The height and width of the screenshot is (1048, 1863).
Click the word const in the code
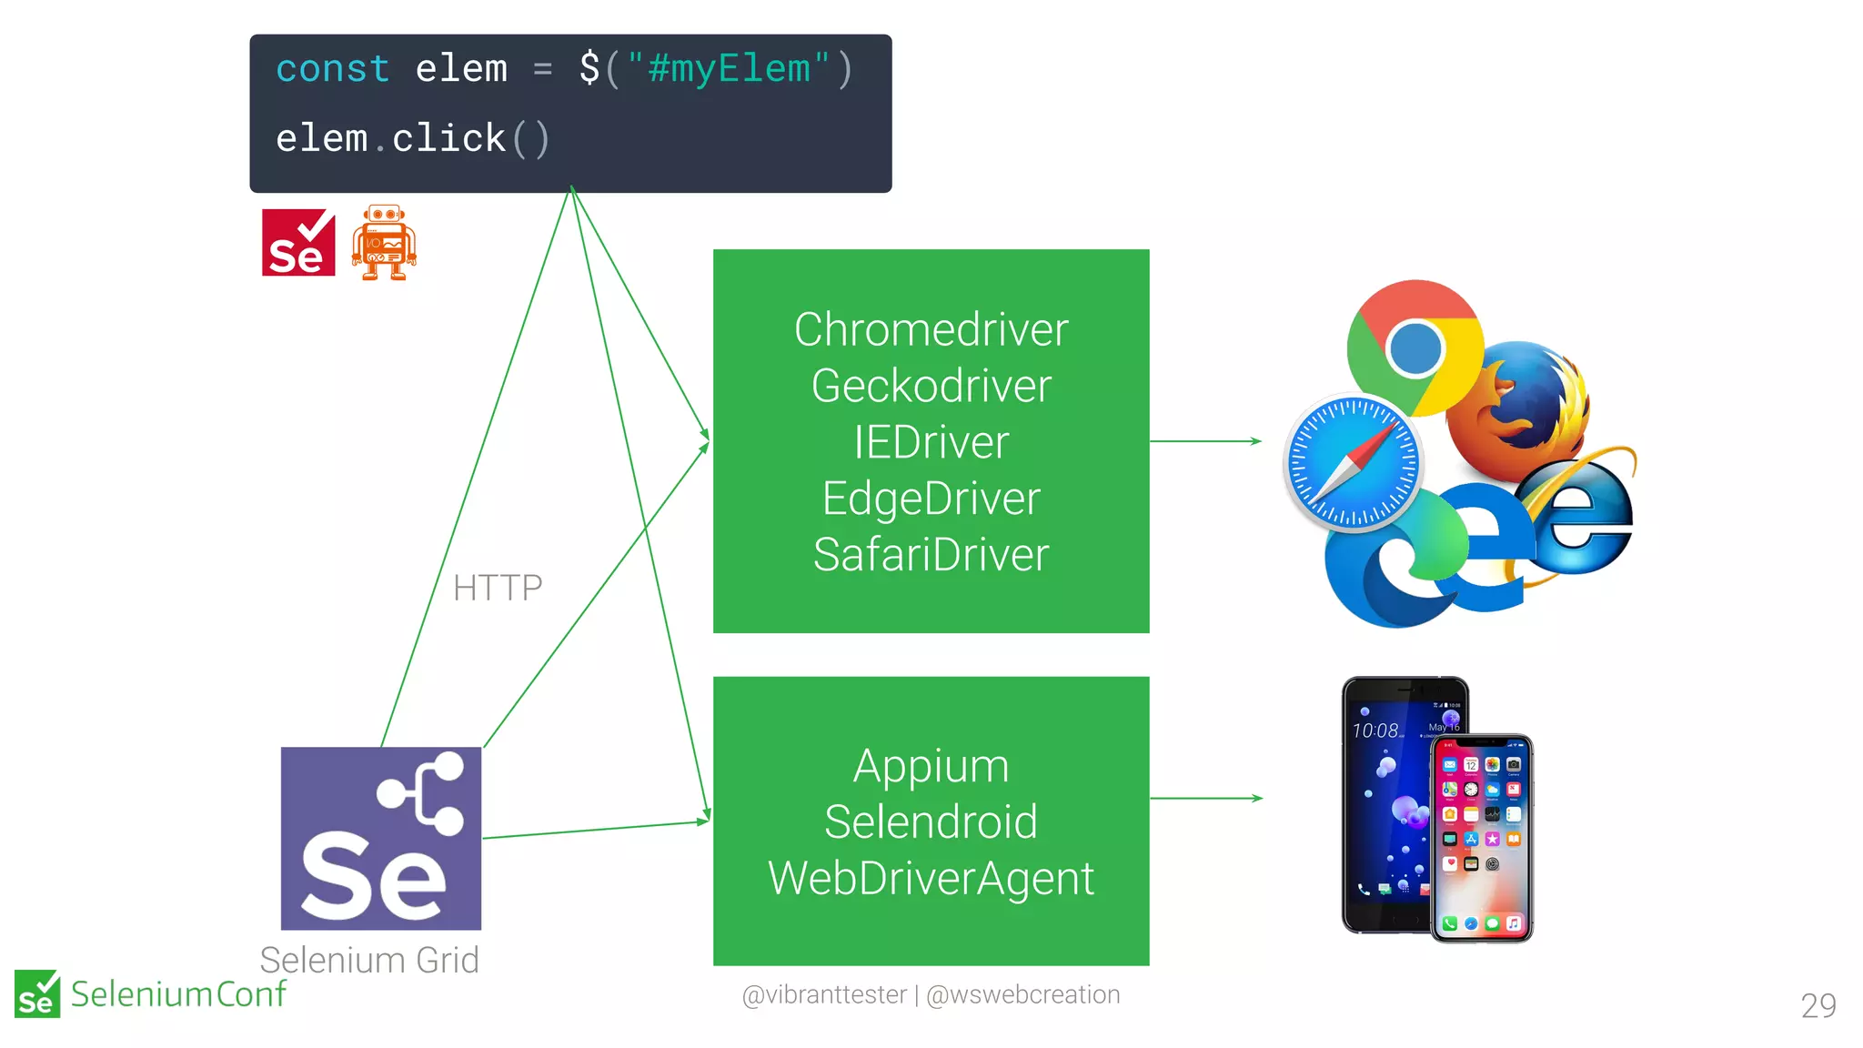click(x=333, y=69)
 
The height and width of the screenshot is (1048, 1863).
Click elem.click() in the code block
click(x=412, y=139)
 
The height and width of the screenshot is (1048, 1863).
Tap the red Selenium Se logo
click(x=298, y=243)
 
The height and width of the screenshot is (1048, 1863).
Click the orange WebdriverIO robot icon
click(x=384, y=242)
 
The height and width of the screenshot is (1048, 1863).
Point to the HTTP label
click(x=498, y=589)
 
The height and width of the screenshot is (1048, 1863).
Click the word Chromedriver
click(x=931, y=329)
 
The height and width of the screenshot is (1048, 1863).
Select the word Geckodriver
click(x=931, y=386)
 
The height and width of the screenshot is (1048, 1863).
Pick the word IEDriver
click(x=931, y=442)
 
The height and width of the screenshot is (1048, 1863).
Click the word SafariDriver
click(x=931, y=555)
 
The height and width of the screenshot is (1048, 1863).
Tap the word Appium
click(x=931, y=766)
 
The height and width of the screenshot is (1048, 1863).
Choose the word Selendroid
click(x=931, y=822)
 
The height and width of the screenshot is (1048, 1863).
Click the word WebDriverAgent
click(x=931, y=879)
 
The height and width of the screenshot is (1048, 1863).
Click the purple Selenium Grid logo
click(x=380, y=838)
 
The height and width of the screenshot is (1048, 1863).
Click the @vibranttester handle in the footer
click(x=824, y=995)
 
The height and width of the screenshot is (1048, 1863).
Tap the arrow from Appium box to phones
click(x=1205, y=798)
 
